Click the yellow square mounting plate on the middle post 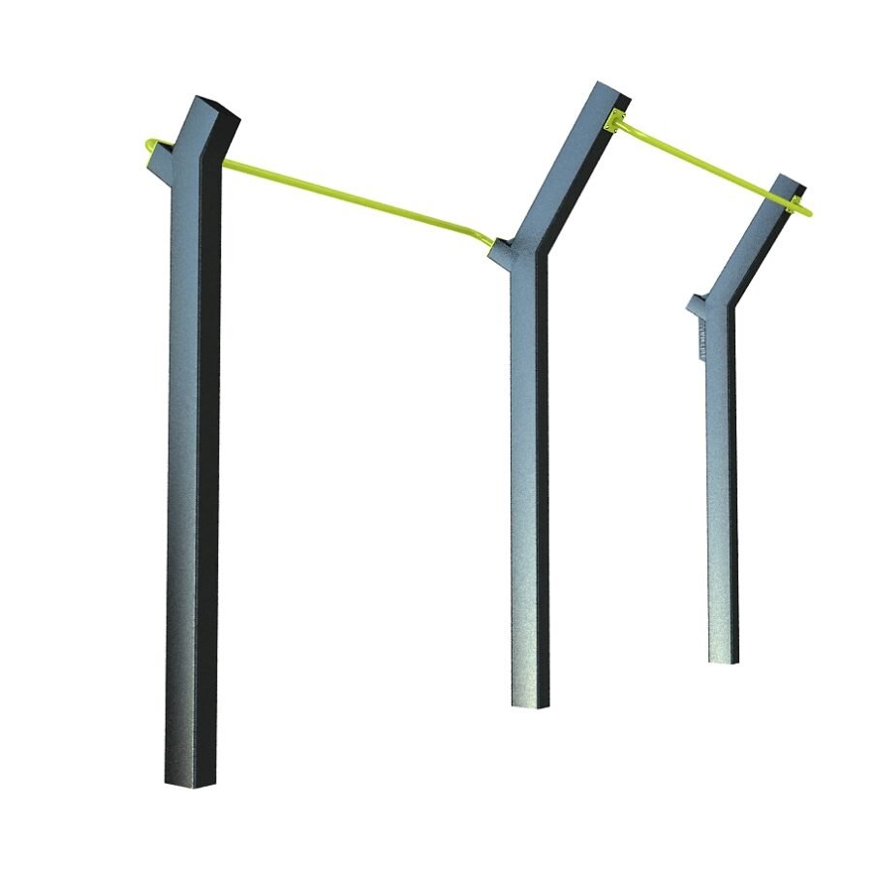tap(611, 122)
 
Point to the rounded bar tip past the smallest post tap(806, 210)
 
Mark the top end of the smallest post tap(791, 184)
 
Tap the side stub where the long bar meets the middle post tap(502, 251)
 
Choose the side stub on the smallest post tap(700, 305)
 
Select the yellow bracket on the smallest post tap(796, 203)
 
